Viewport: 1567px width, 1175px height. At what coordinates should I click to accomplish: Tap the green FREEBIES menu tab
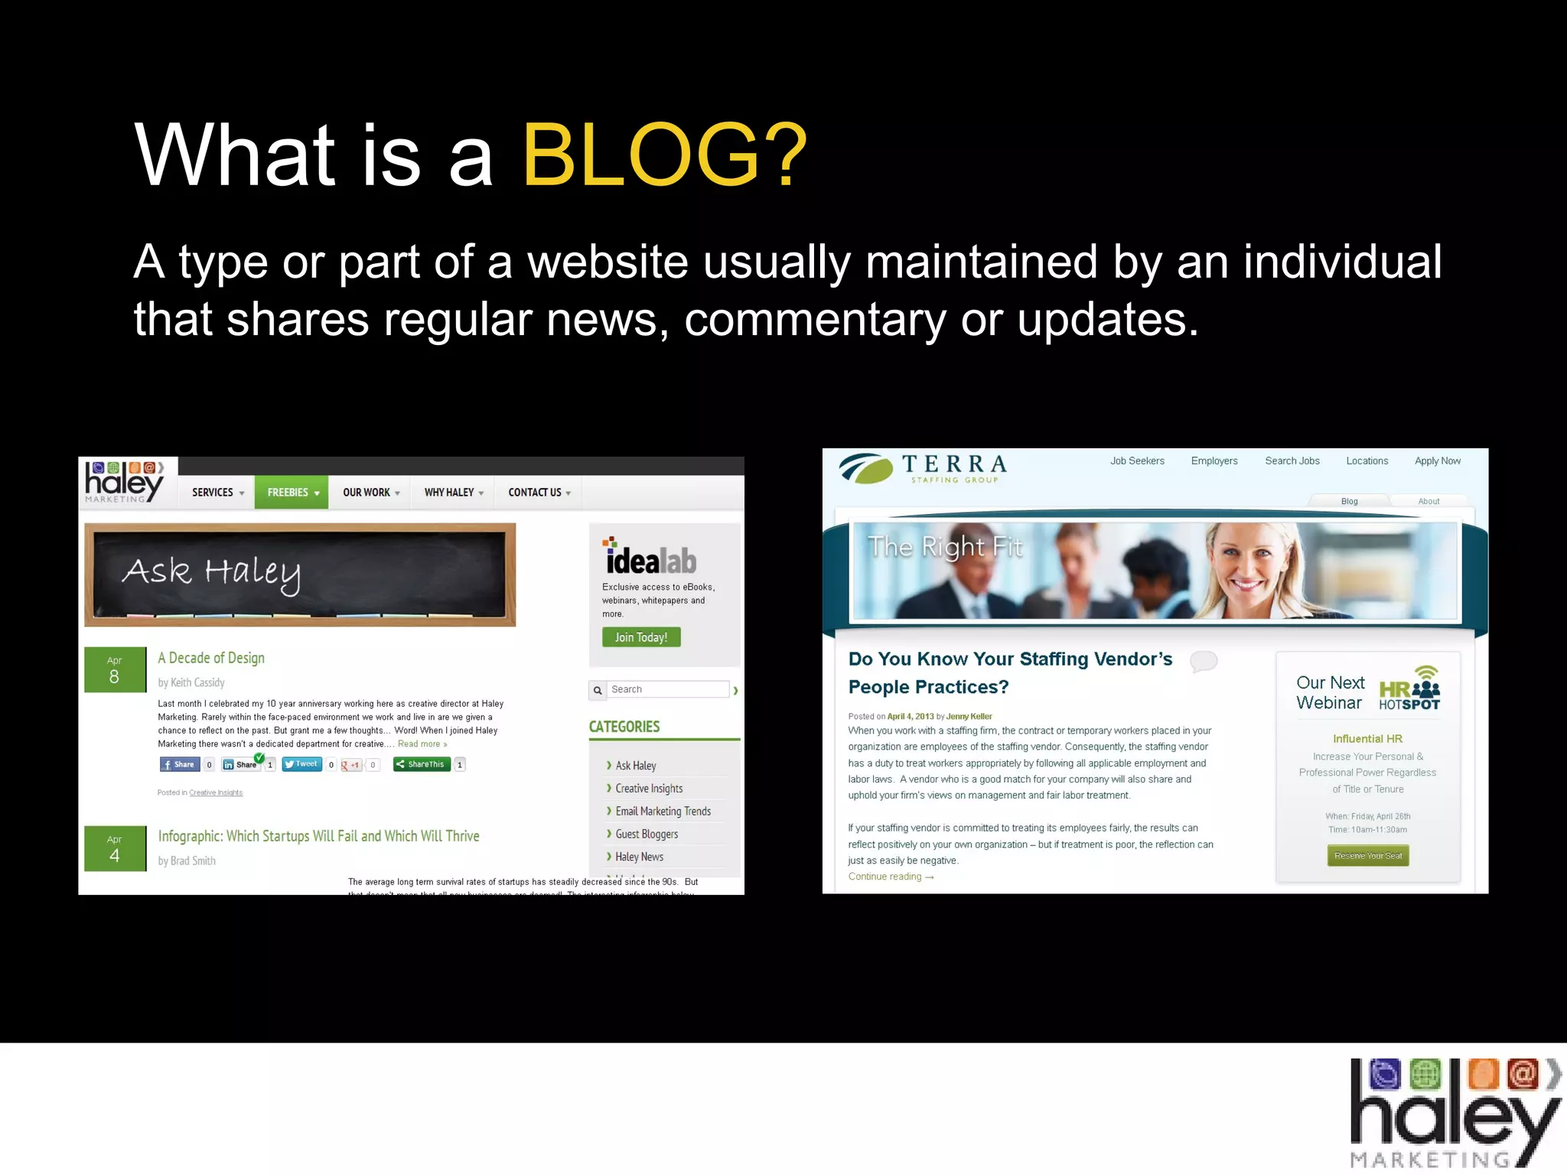292,493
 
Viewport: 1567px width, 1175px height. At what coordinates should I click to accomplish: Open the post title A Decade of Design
211,658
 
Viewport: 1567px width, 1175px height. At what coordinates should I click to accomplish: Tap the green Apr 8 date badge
115,670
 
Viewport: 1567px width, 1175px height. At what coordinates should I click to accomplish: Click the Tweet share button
301,764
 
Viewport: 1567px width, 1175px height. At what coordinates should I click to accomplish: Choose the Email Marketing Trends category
663,812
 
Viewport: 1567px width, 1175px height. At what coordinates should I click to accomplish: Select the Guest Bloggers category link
647,835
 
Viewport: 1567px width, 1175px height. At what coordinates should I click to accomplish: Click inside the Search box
667,690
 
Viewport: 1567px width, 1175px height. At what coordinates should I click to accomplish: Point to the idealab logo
650,558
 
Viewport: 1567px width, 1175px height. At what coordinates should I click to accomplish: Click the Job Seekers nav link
1137,461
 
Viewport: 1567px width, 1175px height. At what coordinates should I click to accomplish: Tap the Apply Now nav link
1437,461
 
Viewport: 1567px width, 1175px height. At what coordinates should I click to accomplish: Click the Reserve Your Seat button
1368,856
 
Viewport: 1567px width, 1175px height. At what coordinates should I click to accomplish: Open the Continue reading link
891,877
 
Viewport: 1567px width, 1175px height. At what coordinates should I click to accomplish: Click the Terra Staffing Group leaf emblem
867,468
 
